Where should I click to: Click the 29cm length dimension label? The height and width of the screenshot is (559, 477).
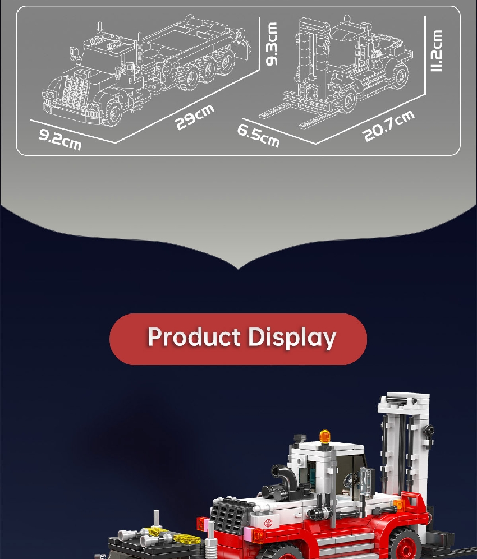click(194, 117)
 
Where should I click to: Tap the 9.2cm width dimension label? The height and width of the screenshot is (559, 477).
click(60, 140)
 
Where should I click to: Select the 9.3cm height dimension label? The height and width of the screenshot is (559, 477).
click(272, 44)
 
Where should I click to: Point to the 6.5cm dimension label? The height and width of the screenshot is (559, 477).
click(258, 136)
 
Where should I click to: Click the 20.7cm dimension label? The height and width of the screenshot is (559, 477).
click(388, 126)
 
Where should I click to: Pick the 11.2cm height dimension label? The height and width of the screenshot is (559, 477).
click(437, 50)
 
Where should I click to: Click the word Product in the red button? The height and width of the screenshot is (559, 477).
click(194, 337)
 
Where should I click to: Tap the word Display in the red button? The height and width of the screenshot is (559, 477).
click(292, 338)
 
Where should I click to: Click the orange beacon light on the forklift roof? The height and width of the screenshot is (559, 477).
click(325, 436)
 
